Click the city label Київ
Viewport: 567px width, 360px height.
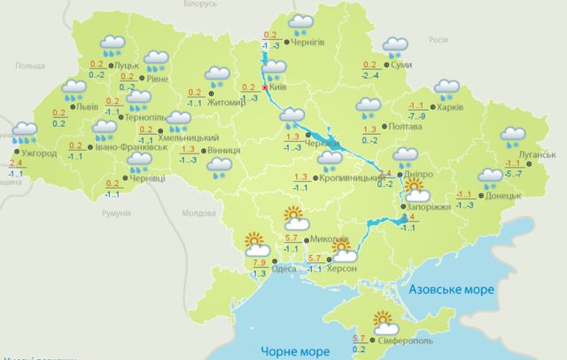click(279, 88)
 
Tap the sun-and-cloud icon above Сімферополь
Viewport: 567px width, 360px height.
click(384, 321)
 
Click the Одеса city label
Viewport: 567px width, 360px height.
click(283, 269)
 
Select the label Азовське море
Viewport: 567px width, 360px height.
click(445, 290)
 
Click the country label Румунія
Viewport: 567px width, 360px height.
click(116, 214)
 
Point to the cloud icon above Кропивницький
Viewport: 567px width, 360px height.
click(330, 160)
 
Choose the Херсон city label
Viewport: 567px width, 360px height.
click(342, 269)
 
